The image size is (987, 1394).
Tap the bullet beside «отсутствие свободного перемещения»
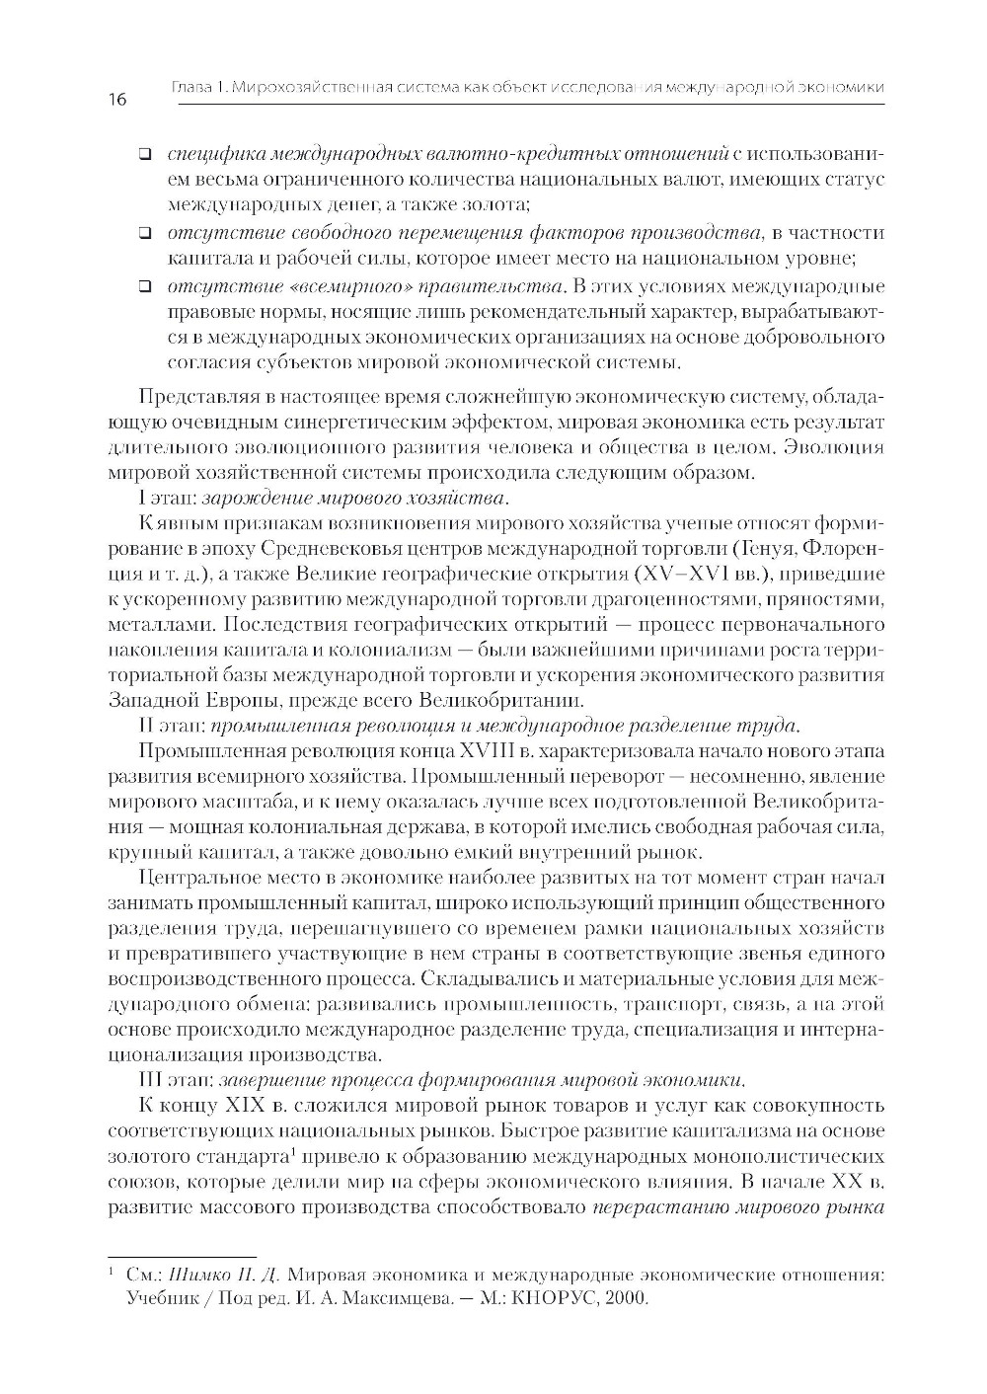(144, 234)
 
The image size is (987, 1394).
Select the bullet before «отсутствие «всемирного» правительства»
(144, 287)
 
